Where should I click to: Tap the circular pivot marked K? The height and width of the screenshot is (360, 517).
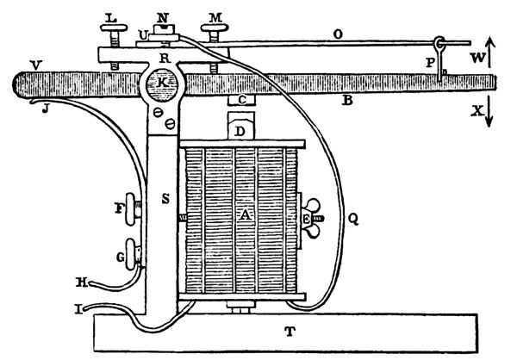tap(159, 84)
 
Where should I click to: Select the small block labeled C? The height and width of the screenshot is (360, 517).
tap(243, 101)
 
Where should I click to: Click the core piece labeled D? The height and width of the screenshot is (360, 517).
tap(241, 129)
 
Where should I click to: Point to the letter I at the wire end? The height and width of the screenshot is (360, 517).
tap(80, 307)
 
